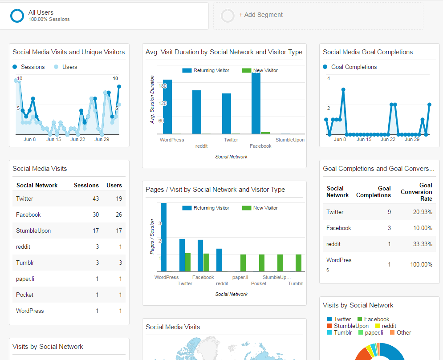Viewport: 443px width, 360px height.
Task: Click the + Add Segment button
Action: click(260, 15)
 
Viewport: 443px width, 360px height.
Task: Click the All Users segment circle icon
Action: click(17, 16)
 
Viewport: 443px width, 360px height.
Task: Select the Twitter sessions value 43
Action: click(95, 198)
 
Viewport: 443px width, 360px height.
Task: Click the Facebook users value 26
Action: click(118, 214)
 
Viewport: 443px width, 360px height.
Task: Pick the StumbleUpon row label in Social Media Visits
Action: click(33, 231)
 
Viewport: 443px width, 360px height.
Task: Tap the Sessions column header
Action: click(86, 185)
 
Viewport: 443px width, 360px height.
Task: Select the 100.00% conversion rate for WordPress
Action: click(421, 264)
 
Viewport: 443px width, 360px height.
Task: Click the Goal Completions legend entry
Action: click(354, 67)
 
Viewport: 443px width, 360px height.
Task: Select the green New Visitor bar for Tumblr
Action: click(298, 263)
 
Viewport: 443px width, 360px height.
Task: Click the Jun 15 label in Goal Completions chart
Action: click(364, 139)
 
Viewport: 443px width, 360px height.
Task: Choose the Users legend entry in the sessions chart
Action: click(69, 67)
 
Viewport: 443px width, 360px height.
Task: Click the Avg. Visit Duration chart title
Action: click(224, 52)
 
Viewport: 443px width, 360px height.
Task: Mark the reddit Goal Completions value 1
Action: click(389, 244)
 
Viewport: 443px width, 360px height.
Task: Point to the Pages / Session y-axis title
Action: click(152, 237)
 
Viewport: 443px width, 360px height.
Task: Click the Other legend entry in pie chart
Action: click(403, 332)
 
